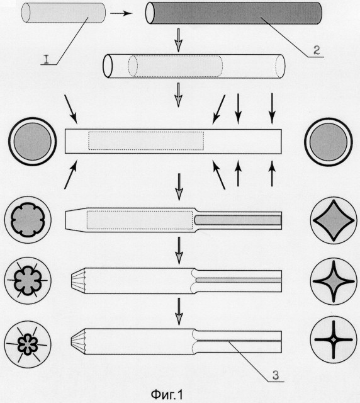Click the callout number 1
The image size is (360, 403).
(x=47, y=59)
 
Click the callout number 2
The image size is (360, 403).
(x=317, y=50)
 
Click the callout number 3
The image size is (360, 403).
(x=276, y=375)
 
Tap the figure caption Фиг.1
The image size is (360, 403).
(x=167, y=394)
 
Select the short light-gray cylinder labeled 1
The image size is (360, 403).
(x=64, y=13)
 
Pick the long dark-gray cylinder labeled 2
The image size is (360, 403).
(x=233, y=13)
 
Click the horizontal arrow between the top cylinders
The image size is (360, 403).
(x=121, y=13)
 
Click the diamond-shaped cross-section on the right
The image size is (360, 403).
(x=334, y=220)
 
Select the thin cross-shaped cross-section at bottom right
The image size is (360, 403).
(x=334, y=339)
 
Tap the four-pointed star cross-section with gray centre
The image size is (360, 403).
(x=334, y=281)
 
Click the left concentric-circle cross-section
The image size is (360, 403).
(x=32, y=141)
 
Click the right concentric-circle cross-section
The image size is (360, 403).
(x=329, y=142)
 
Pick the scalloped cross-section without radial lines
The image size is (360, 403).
(x=28, y=220)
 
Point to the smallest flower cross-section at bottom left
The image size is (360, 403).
(x=28, y=344)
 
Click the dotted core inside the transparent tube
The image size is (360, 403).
(x=175, y=65)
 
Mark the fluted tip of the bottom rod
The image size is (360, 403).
(x=78, y=341)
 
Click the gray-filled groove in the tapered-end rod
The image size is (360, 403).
(x=238, y=220)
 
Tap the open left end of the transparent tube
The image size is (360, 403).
(x=108, y=65)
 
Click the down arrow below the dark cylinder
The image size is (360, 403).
(x=178, y=40)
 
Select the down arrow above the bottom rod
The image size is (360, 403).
(x=179, y=312)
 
